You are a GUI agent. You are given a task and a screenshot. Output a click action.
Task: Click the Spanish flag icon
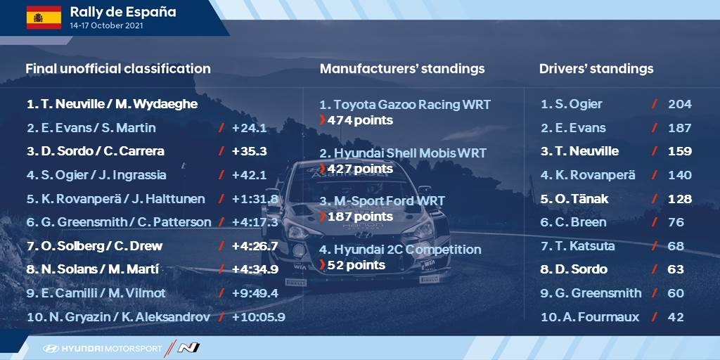pyautogui.click(x=44, y=18)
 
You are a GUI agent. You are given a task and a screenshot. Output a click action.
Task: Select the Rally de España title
pyautogui.click(x=122, y=12)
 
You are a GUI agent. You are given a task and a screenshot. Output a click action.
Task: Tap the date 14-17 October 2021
pyautogui.click(x=106, y=26)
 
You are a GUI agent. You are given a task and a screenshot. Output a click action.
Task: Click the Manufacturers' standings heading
pyautogui.click(x=401, y=69)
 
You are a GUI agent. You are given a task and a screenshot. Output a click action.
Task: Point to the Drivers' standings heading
pyautogui.click(x=596, y=69)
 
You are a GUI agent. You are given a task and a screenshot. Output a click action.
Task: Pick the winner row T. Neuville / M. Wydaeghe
pyautogui.click(x=112, y=104)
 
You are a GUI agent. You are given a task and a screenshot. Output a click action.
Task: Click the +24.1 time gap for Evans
pyautogui.click(x=250, y=128)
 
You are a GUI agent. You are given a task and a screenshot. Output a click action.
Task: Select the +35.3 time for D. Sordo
pyautogui.click(x=250, y=152)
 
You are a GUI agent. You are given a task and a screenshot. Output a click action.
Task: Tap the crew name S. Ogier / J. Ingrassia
pyautogui.click(x=96, y=175)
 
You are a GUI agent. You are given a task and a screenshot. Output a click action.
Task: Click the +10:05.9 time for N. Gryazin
pyautogui.click(x=259, y=317)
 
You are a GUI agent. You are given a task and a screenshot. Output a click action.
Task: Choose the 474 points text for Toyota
pyautogui.click(x=360, y=120)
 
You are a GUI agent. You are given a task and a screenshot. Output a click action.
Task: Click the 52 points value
pyautogui.click(x=356, y=265)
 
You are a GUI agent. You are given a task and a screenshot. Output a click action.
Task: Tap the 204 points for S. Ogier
pyautogui.click(x=680, y=104)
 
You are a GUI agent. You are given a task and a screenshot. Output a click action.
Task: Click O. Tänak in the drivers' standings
pyautogui.click(x=574, y=199)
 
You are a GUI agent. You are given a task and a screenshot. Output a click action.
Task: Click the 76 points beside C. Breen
pyautogui.click(x=676, y=222)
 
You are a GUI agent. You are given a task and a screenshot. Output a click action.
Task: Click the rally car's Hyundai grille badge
pyautogui.click(x=364, y=235)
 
